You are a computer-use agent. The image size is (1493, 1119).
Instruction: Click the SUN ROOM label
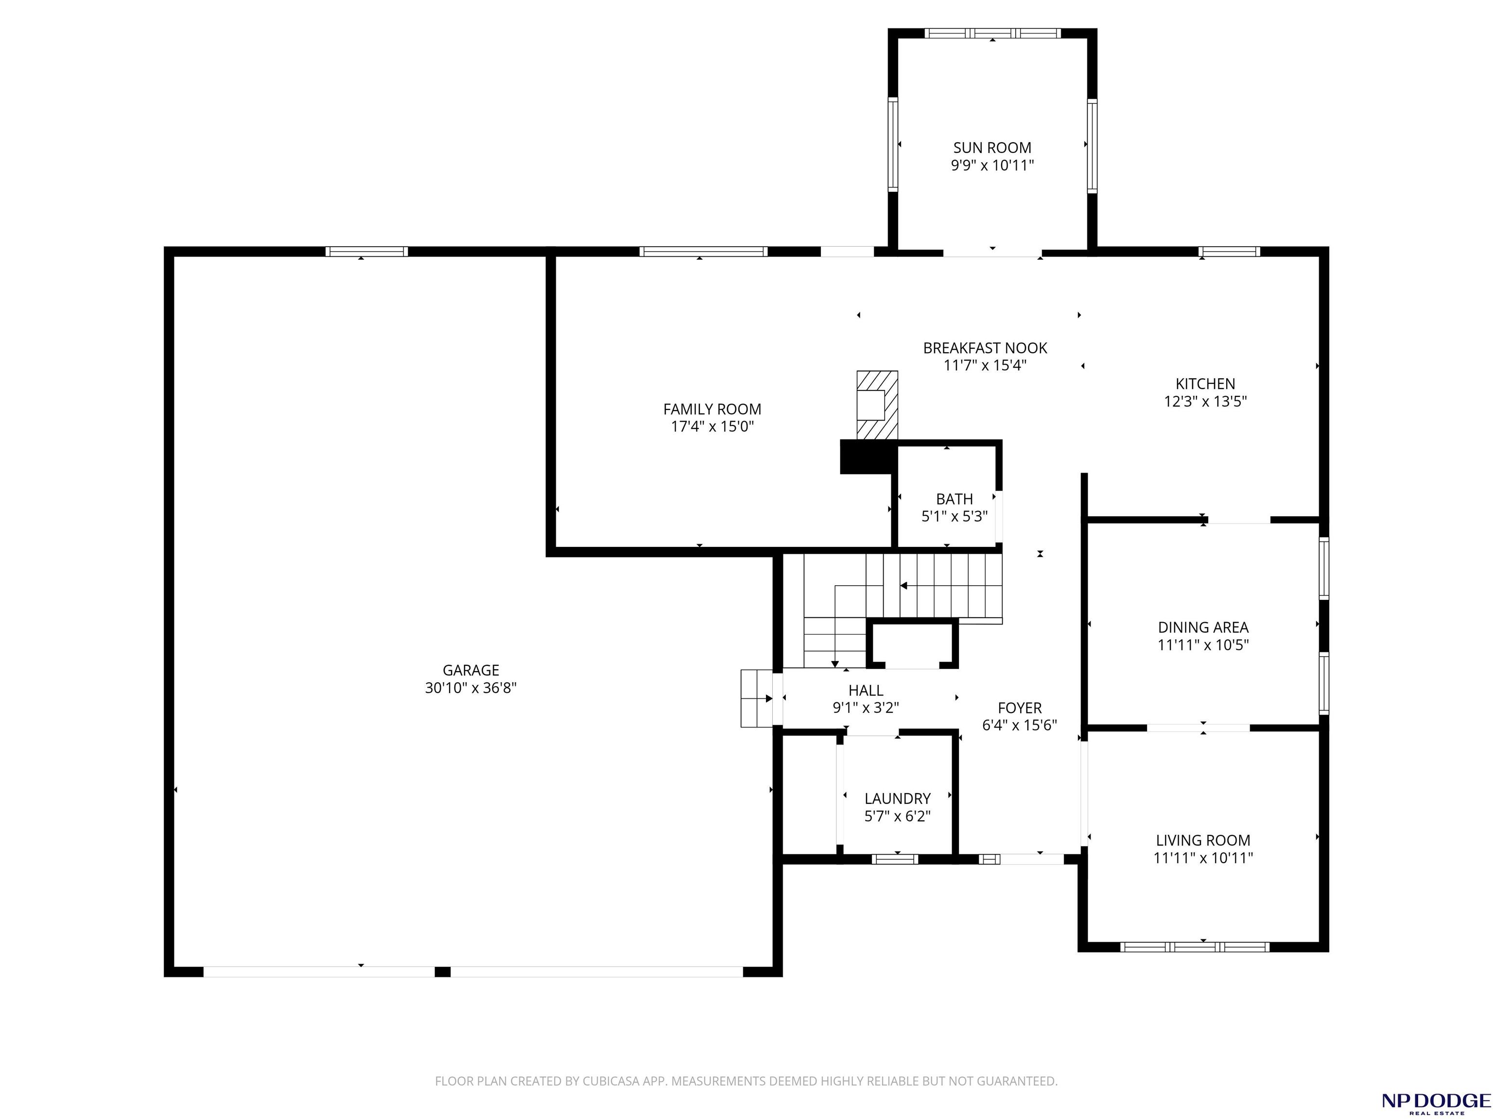[x=992, y=148]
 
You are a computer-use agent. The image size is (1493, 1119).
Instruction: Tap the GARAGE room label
[x=471, y=670]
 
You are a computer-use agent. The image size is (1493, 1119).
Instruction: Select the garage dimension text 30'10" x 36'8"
[x=471, y=688]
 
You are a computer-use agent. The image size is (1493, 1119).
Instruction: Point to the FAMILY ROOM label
[x=712, y=409]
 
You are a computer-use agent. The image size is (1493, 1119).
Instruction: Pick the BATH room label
[x=955, y=499]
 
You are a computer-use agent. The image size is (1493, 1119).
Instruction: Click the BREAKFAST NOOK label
[x=986, y=348]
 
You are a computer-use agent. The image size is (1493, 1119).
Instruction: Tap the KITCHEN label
[x=1205, y=384]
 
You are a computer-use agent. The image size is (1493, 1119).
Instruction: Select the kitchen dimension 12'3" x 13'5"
[x=1205, y=401]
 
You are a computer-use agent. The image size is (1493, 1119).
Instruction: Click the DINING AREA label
[x=1203, y=627]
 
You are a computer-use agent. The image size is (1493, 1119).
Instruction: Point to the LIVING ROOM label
[x=1203, y=840]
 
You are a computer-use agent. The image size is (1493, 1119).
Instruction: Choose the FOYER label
[x=1020, y=708]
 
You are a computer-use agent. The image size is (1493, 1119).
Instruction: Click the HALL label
[x=866, y=690]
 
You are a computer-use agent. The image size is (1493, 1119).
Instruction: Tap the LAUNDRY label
[x=898, y=798]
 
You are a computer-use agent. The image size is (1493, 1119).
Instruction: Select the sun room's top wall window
[x=992, y=33]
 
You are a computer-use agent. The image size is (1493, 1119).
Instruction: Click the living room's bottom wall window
[x=1195, y=947]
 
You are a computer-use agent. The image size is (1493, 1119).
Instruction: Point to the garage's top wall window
[x=366, y=252]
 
